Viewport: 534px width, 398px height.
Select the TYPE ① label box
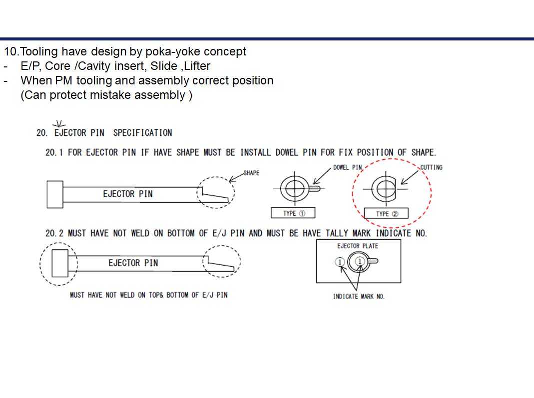click(x=293, y=213)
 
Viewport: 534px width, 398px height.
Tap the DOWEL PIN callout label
click(x=347, y=167)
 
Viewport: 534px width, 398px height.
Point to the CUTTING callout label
click(x=431, y=167)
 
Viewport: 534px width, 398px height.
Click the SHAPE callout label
click(x=251, y=173)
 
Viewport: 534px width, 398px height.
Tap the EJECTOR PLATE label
click(x=358, y=246)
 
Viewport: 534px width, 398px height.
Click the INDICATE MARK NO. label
click(x=359, y=297)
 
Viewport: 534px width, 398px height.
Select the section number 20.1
click(x=54, y=152)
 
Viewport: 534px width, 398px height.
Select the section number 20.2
click(x=54, y=233)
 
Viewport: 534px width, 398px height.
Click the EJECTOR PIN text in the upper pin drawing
click(x=128, y=194)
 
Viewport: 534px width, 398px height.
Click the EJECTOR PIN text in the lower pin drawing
click(x=133, y=263)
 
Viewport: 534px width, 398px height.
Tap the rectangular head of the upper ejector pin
click(x=54, y=194)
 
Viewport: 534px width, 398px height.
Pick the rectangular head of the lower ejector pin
click(x=60, y=263)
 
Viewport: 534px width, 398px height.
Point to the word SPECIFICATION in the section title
click(x=142, y=133)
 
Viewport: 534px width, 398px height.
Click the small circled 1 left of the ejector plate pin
click(x=339, y=262)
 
